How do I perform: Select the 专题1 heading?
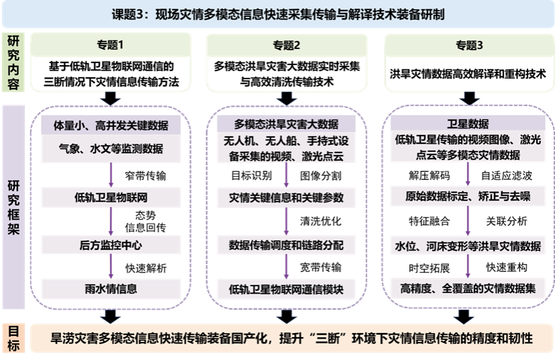(x=111, y=46)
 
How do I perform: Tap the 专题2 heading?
(x=287, y=46)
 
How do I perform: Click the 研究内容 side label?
(x=14, y=62)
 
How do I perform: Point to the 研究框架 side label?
(x=14, y=207)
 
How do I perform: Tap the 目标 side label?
(x=14, y=339)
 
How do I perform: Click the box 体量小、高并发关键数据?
(x=111, y=125)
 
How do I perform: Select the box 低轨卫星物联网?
(x=111, y=198)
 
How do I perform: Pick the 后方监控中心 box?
(x=111, y=245)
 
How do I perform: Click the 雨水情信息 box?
(x=111, y=289)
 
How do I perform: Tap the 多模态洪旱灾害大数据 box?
(x=287, y=125)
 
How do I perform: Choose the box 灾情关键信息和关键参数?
(x=287, y=198)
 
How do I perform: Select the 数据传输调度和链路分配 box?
(x=287, y=245)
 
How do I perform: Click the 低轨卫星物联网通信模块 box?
(x=287, y=289)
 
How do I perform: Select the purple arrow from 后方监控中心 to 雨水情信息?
(x=111, y=267)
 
